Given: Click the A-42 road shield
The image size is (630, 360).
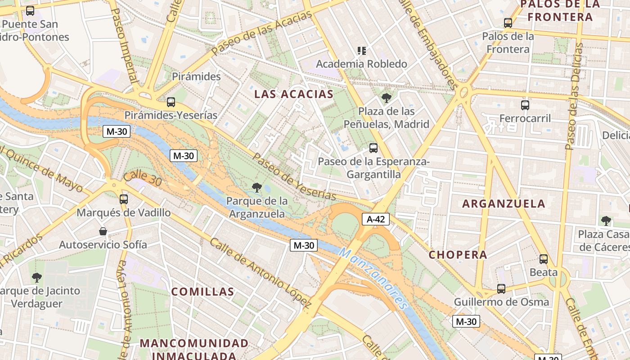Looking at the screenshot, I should (375, 219).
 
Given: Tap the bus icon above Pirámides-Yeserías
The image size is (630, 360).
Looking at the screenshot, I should (171, 102).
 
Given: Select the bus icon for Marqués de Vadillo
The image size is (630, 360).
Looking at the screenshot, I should (124, 199).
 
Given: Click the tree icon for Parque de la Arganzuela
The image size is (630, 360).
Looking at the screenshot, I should (257, 187).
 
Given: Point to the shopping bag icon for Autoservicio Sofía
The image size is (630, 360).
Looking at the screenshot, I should (103, 232).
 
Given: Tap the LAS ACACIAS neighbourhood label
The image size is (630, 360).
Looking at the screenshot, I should (294, 94).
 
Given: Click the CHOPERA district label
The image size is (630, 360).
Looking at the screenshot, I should (458, 255).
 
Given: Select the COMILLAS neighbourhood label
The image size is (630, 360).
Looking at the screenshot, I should (203, 292).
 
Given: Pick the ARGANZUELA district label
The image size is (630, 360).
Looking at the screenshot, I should (504, 203).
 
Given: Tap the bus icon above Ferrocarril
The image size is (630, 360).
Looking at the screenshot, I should (525, 105).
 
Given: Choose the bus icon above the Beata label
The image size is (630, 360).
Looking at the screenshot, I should (544, 259).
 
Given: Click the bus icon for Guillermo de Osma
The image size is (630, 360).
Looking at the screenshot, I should (501, 289).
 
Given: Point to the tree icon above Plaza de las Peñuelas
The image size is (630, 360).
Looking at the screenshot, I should (386, 98).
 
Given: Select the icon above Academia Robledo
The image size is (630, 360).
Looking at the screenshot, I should (361, 50).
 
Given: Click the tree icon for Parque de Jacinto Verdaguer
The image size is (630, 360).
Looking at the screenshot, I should (37, 277).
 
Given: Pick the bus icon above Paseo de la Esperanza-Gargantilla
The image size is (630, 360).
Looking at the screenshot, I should (373, 148).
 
